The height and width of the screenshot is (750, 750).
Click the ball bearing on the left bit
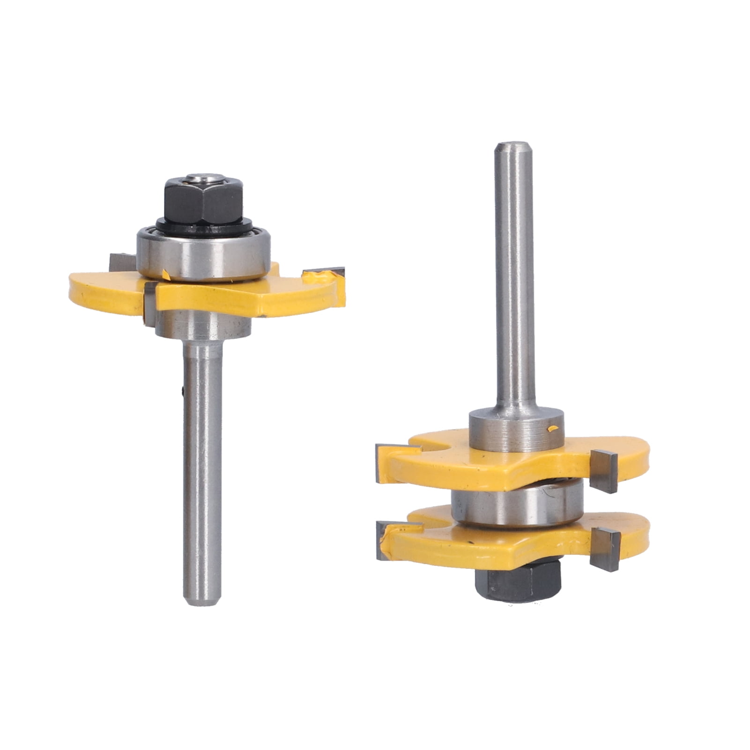click(203, 255)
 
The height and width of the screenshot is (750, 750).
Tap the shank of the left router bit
click(202, 459)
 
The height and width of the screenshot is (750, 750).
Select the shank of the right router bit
click(514, 281)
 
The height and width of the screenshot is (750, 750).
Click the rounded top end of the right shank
click(514, 148)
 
